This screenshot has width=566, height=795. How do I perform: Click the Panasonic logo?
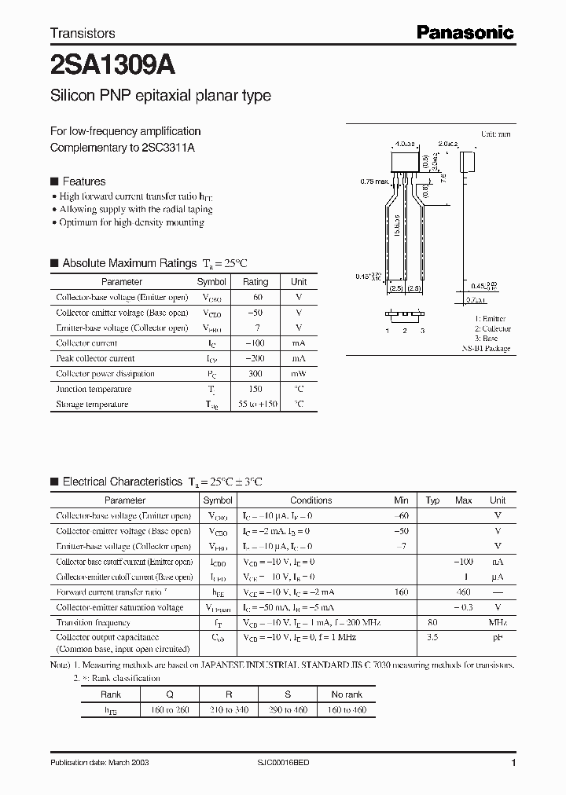pyautogui.click(x=465, y=32)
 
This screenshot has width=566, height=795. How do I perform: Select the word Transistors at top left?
pyautogui.click(x=83, y=33)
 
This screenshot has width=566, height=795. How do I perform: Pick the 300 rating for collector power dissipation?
pyautogui.click(x=255, y=374)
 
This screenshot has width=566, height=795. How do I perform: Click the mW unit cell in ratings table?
pyautogui.click(x=299, y=374)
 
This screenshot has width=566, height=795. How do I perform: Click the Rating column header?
pyautogui.click(x=255, y=281)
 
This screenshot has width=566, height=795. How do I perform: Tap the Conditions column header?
pyautogui.click(x=311, y=500)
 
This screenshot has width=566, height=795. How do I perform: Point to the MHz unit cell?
pyautogui.click(x=498, y=623)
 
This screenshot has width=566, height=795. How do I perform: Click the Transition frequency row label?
pyautogui.click(x=94, y=623)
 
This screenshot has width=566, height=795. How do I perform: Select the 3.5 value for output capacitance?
pyautogui.click(x=432, y=638)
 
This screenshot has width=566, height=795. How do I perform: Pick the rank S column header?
pyautogui.click(x=288, y=694)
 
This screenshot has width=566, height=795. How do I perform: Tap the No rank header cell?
pyautogui.click(x=346, y=694)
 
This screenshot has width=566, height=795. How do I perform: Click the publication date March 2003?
pyautogui.click(x=99, y=763)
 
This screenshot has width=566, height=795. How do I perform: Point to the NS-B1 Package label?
pyautogui.click(x=485, y=348)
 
